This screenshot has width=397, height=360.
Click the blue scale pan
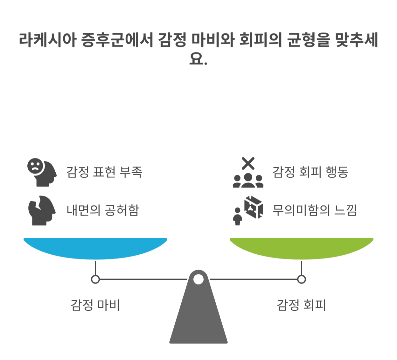click(95, 248)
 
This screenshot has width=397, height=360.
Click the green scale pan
click(301, 248)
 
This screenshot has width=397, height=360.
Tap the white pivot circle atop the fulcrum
click(198, 279)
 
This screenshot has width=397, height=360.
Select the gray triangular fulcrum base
click(198, 318)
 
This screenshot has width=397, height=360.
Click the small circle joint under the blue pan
click(95, 279)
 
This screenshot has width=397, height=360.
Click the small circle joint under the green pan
click(301, 279)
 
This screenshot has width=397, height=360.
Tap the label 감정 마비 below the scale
click(95, 305)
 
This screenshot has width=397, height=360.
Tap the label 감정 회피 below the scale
click(301, 305)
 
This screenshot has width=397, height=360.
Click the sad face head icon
click(41, 172)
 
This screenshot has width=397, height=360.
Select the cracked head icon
click(42, 210)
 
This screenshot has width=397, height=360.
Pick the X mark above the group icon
click(248, 163)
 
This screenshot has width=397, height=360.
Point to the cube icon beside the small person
click(254, 207)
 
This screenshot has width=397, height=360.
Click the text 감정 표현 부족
click(104, 172)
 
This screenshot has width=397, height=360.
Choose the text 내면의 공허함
click(103, 210)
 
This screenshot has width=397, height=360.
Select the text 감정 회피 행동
click(310, 172)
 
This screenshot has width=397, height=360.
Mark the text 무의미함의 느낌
click(314, 210)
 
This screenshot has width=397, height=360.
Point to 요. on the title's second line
click(198, 59)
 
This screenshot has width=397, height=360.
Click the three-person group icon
click(248, 181)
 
